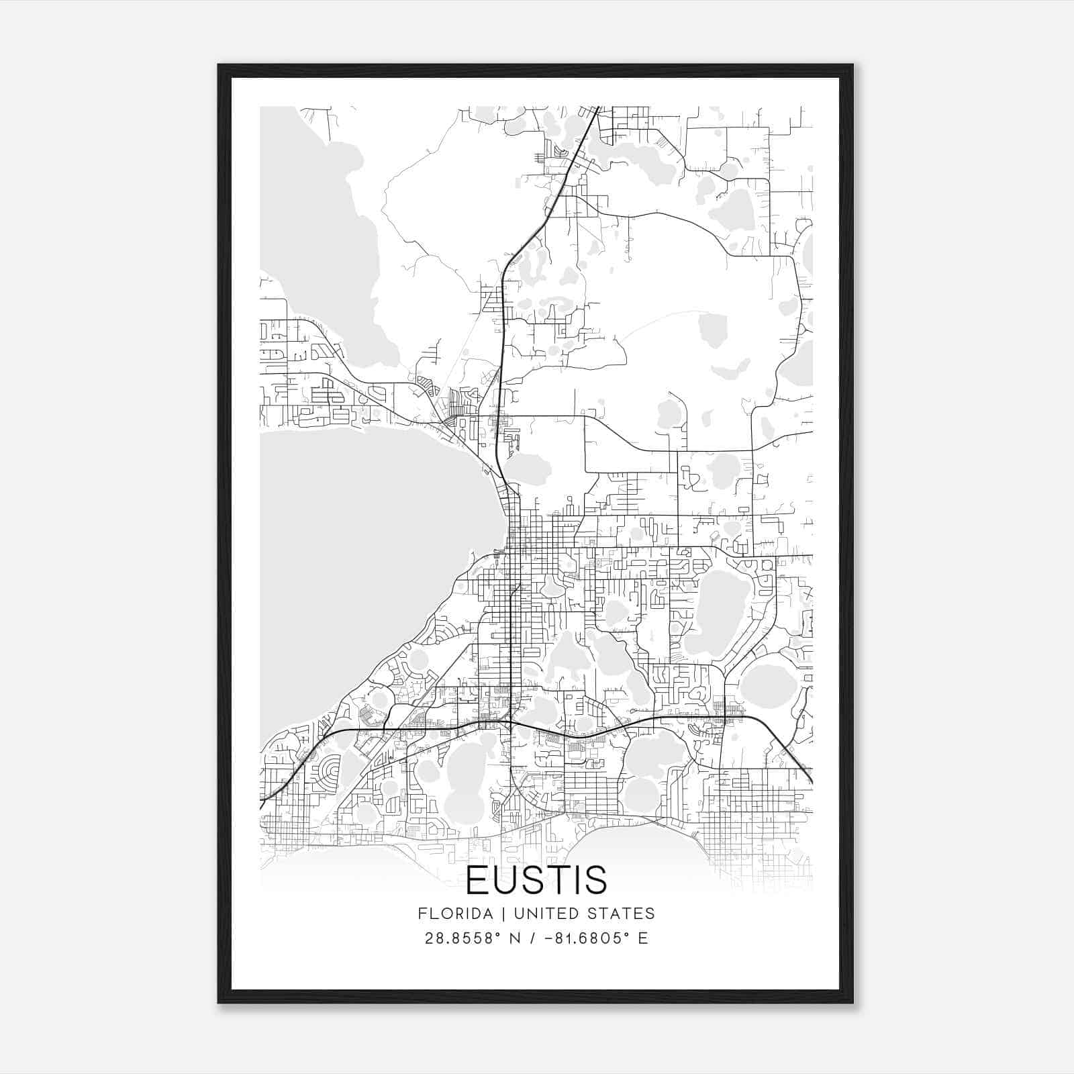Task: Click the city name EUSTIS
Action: pyautogui.click(x=536, y=879)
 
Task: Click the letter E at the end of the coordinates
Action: pyautogui.click(x=643, y=938)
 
